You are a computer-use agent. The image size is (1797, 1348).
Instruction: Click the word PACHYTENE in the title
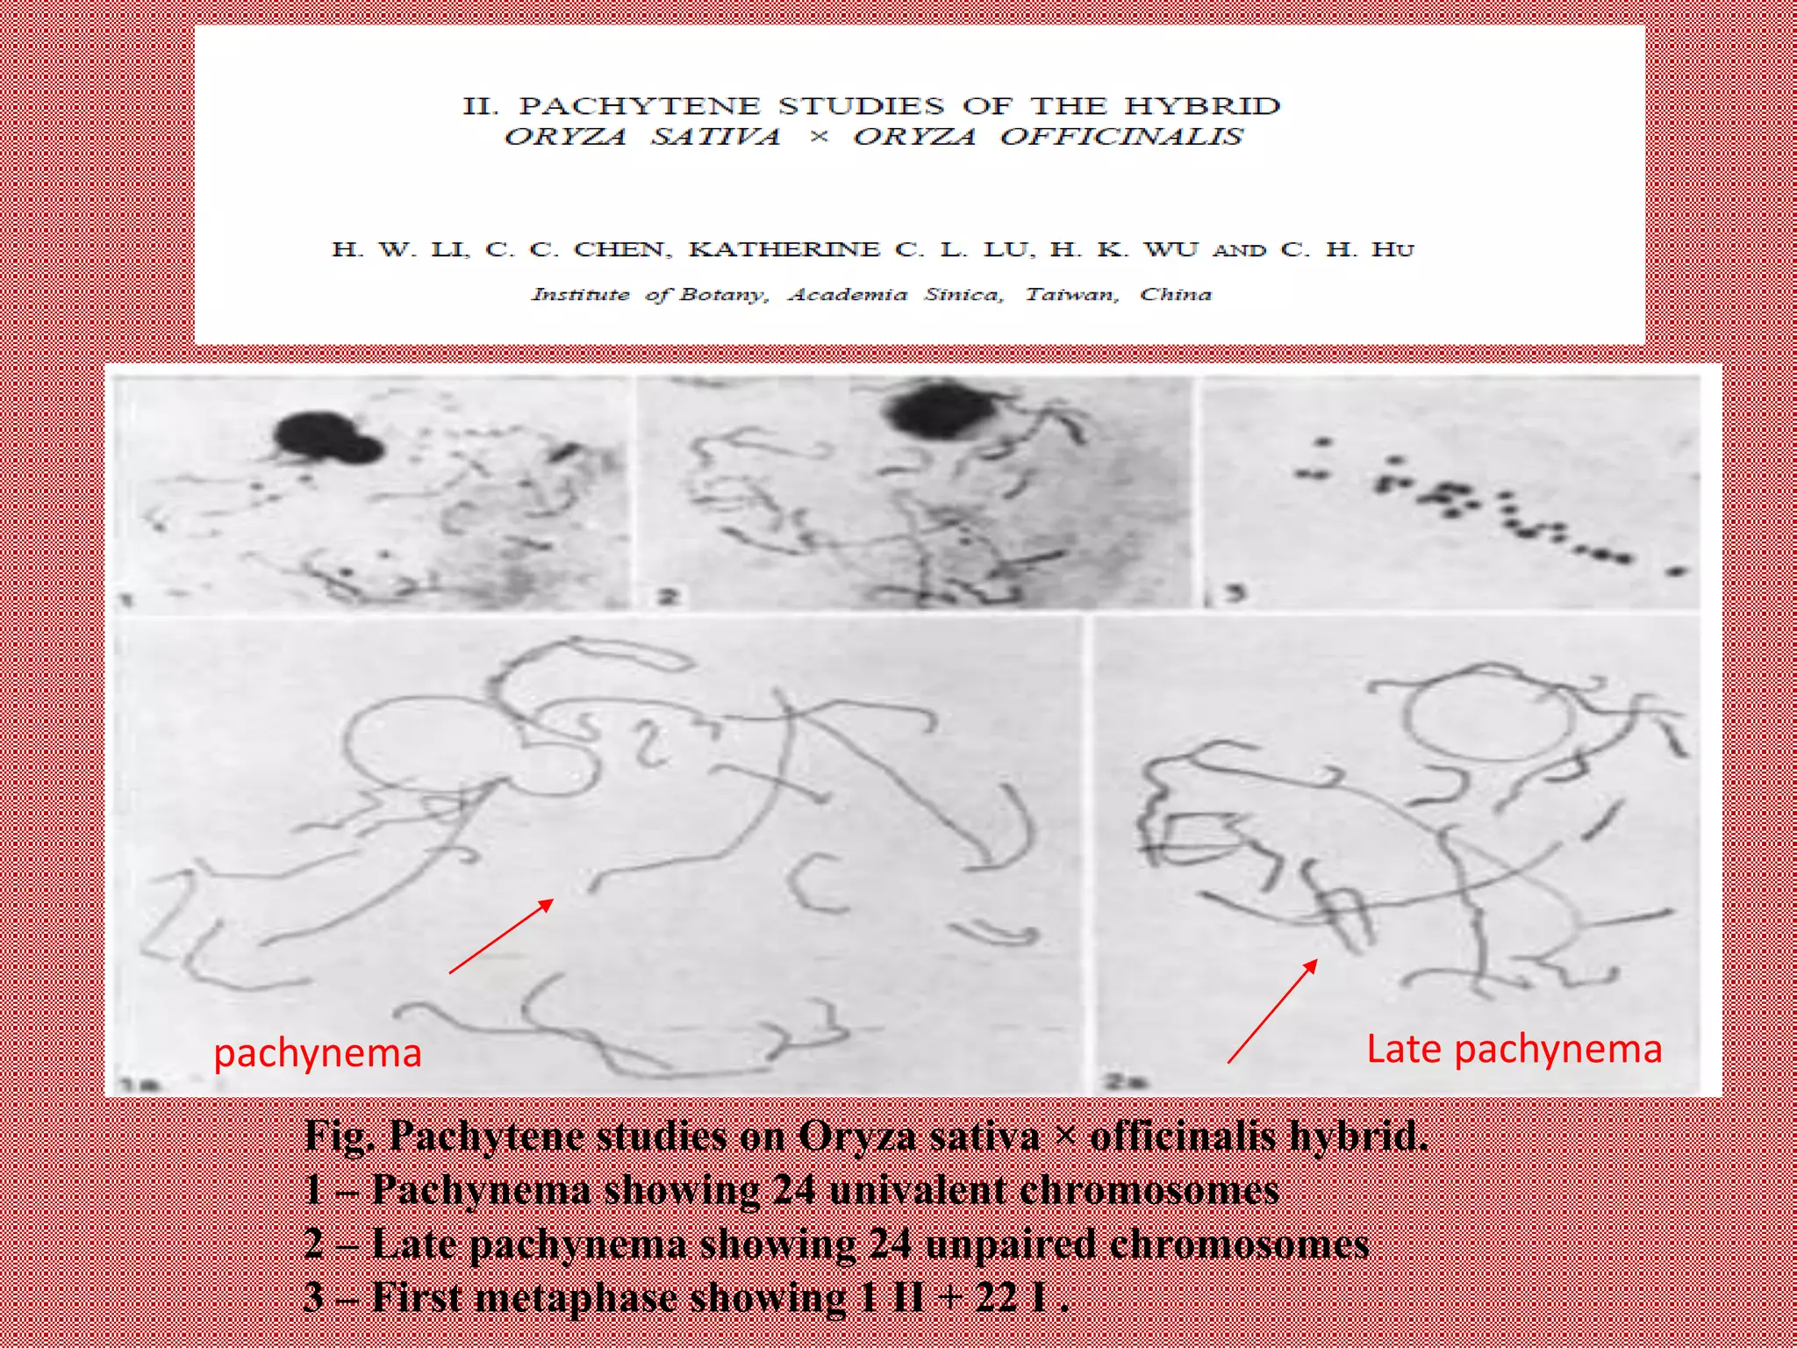[640, 106]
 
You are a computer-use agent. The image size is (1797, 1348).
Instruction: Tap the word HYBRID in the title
[1202, 106]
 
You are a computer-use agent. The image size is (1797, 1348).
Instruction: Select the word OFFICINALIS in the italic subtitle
[1121, 137]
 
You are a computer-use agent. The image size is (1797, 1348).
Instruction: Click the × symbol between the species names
[818, 137]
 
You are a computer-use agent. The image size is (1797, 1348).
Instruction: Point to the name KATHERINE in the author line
[784, 249]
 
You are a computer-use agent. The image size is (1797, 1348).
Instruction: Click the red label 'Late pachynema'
[1514, 1050]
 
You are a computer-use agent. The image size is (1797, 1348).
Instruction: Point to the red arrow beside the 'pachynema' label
[501, 936]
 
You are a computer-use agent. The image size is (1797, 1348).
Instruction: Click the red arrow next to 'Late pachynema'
[1272, 1011]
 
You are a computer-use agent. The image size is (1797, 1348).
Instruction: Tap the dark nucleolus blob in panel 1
[326, 437]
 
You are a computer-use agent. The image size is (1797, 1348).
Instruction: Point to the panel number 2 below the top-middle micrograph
[669, 598]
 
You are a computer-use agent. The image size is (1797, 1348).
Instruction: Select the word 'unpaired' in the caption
[1010, 1244]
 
